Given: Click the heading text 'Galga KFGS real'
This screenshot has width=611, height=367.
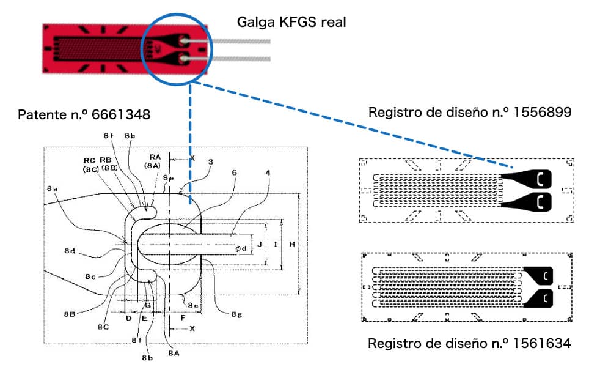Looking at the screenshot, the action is click(291, 22).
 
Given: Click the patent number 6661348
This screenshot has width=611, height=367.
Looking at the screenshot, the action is click(121, 114).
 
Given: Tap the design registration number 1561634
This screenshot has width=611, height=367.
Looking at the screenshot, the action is click(541, 344).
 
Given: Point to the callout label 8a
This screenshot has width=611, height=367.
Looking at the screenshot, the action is click(52, 189).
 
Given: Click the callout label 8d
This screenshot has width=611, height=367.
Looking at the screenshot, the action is click(70, 251).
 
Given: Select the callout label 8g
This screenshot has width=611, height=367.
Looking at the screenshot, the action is click(236, 314).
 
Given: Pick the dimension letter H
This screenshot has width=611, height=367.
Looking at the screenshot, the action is click(292, 244).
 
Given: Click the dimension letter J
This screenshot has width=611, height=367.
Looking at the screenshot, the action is click(260, 245).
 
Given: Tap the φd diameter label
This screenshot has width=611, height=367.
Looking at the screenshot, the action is click(241, 248).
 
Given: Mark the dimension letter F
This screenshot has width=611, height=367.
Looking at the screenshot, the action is click(183, 318).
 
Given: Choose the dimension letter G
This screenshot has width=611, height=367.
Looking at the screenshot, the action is click(148, 305).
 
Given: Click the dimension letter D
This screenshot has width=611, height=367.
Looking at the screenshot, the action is click(129, 318).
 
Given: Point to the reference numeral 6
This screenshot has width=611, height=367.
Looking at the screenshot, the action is click(234, 172).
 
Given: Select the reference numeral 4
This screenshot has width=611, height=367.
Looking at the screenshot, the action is click(268, 172).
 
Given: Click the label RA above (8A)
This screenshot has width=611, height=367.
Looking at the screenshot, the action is click(155, 157).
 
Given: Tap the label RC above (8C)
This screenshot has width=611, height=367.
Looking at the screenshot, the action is click(89, 161).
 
